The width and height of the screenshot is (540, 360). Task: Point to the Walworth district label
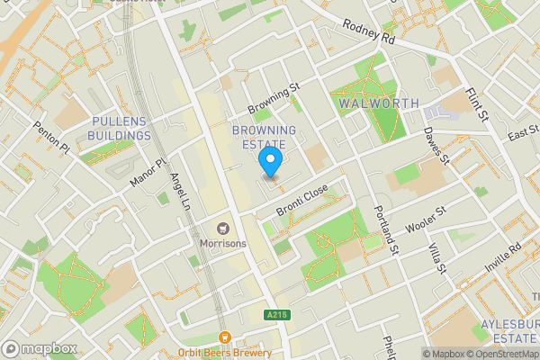[x=379, y=103]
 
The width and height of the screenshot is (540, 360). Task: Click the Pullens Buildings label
[x=120, y=128]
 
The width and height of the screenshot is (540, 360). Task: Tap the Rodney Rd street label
[x=369, y=33]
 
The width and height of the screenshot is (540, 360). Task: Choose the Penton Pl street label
[x=51, y=137]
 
